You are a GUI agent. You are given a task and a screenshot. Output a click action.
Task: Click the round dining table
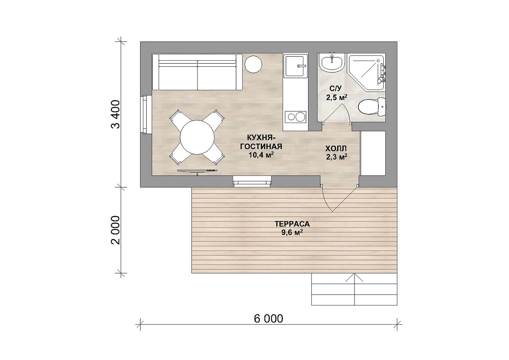point(197,137)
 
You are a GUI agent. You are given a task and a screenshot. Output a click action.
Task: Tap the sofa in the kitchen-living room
point(197,72)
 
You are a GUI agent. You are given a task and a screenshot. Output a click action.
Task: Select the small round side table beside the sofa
point(253,64)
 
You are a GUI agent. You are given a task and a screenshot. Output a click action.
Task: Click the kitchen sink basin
point(295,66)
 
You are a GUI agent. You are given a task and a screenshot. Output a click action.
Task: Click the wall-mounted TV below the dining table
point(197,171)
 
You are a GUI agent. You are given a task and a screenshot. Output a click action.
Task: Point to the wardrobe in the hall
point(373,153)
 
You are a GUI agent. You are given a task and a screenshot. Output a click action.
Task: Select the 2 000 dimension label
point(116,230)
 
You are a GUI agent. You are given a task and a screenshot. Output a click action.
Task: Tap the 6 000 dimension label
point(268,319)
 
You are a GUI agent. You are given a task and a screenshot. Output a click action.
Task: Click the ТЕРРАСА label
point(292,224)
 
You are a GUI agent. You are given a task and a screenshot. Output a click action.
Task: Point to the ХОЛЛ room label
point(336,149)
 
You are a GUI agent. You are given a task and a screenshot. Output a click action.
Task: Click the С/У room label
point(336,88)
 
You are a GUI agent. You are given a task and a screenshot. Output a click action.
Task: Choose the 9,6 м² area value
point(292,233)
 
